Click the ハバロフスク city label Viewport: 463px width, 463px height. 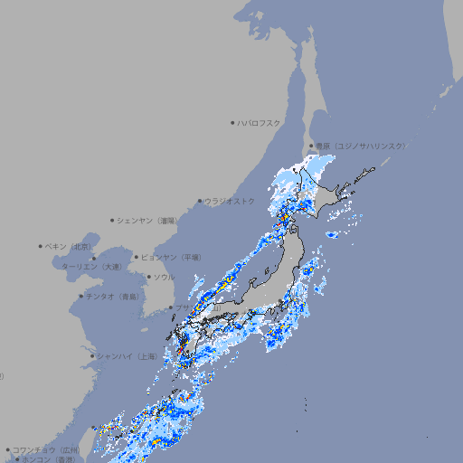click(260, 122)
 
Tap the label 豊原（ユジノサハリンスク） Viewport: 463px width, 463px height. click(360, 146)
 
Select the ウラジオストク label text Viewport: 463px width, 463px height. click(230, 201)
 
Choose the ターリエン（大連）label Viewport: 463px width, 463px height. click(91, 267)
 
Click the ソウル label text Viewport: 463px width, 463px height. click(164, 277)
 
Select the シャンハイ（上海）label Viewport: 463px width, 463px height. click(128, 356)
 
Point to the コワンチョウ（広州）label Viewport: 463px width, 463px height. click(46, 449)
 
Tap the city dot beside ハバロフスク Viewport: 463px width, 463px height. click(232, 122)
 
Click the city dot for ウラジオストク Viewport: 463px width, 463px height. click(200, 201)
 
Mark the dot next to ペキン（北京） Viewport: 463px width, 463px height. click(41, 246)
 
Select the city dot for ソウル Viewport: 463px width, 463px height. click(148, 277)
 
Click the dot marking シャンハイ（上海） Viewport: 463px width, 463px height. click(92, 356)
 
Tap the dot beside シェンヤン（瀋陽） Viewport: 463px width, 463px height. click(112, 220)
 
